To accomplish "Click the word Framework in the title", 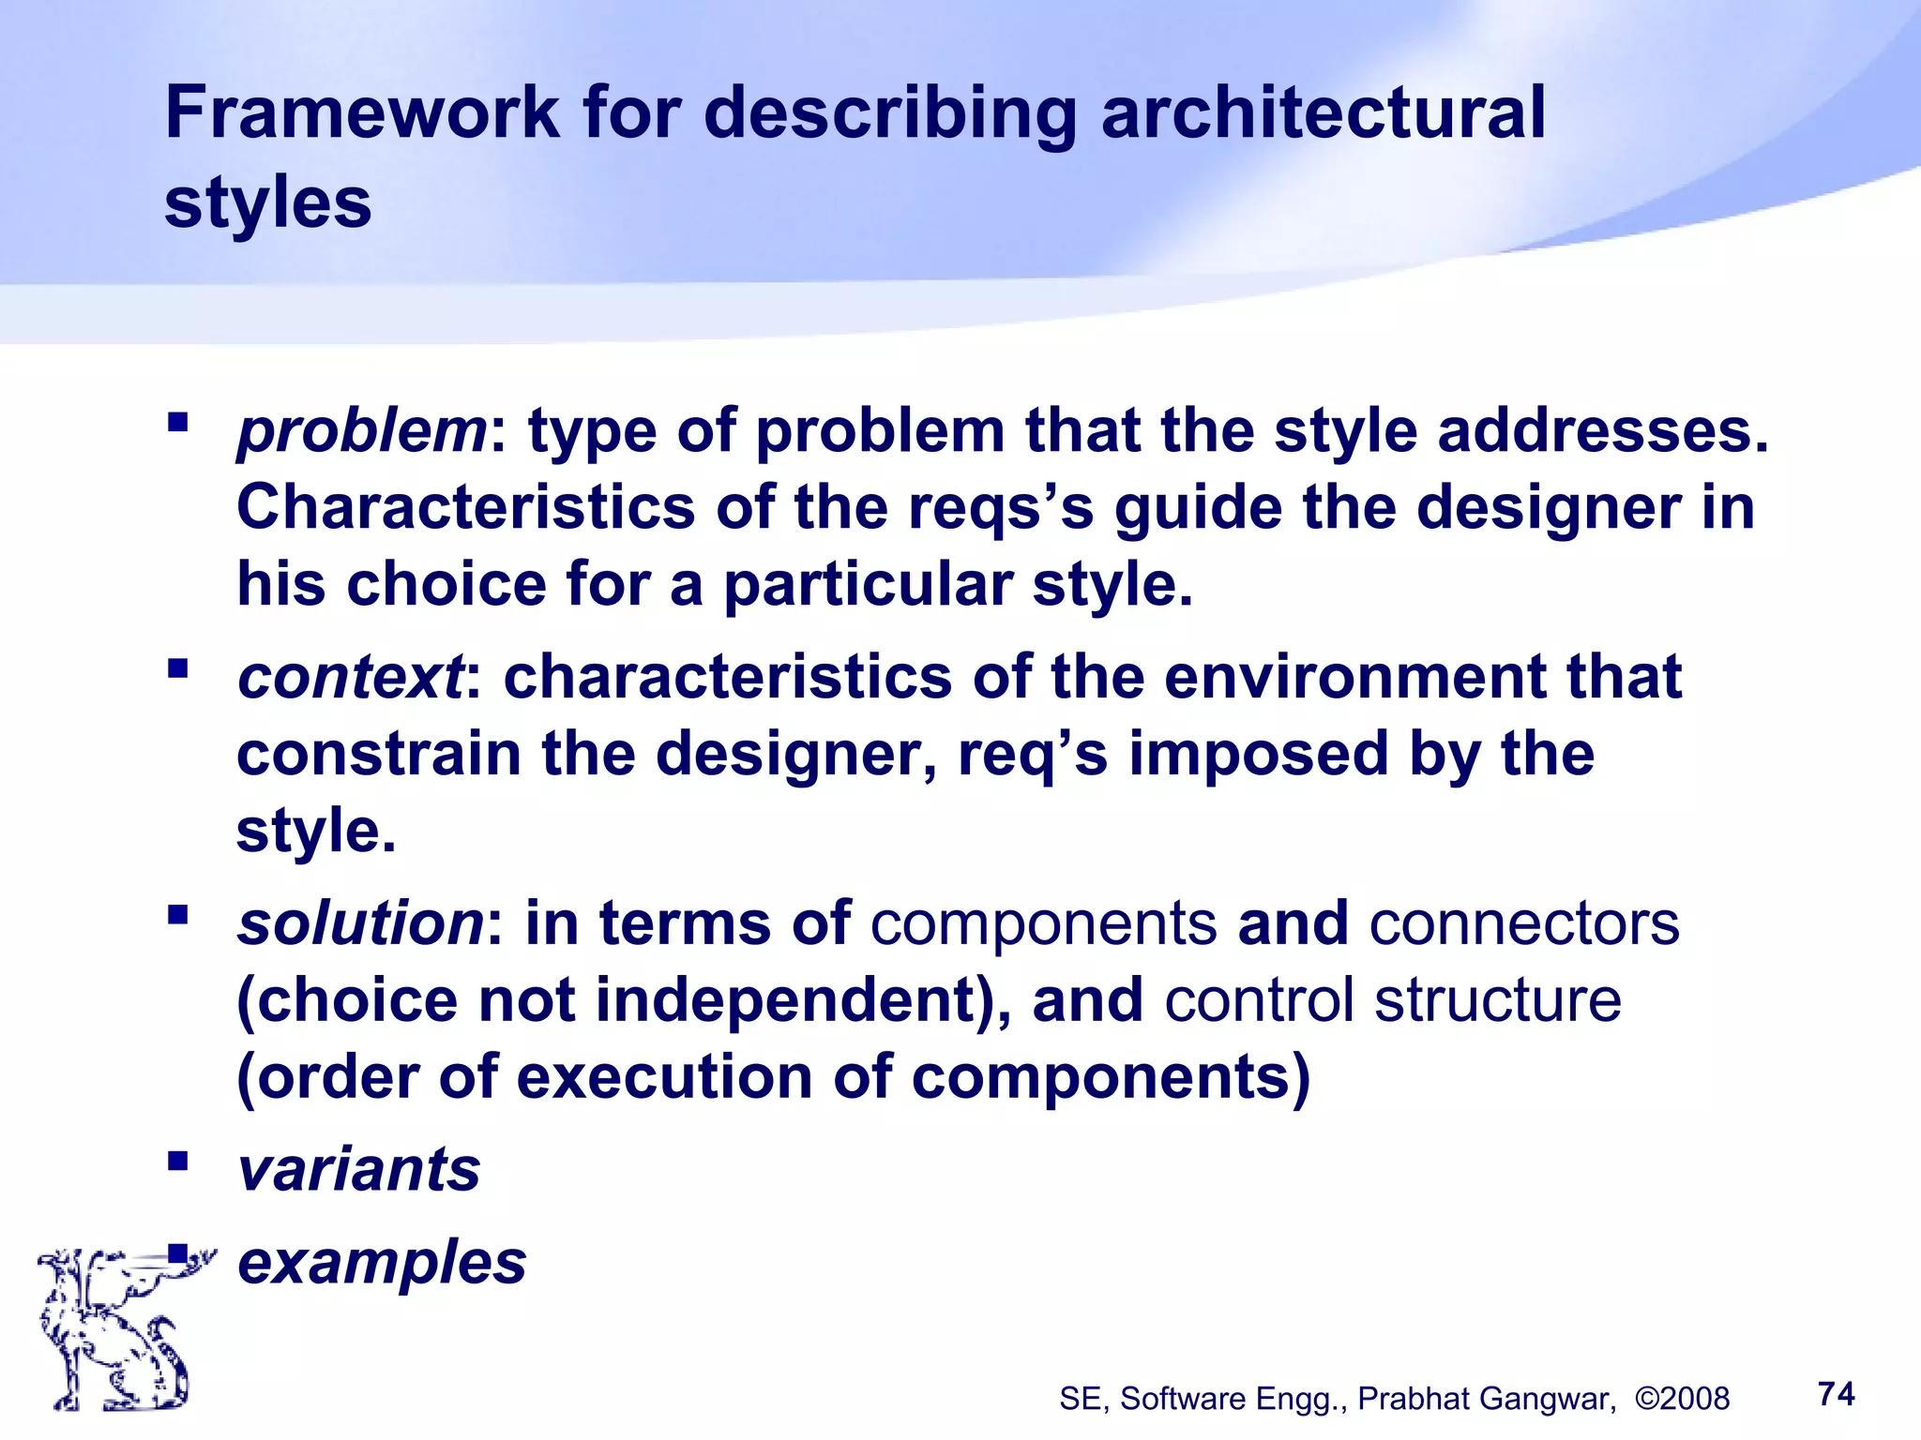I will pos(362,112).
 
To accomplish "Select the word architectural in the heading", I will pos(1323,112).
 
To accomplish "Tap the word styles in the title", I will pos(268,202).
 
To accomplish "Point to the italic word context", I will pos(350,677).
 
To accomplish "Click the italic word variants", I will pos(359,1169).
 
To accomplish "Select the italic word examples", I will pos(382,1262).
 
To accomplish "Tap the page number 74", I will pos(1836,1394).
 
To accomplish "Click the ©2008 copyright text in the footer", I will pos(1682,1399).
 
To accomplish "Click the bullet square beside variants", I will pos(177,1162).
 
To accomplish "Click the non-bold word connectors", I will pos(1524,922).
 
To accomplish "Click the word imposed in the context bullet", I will pos(1257,754).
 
